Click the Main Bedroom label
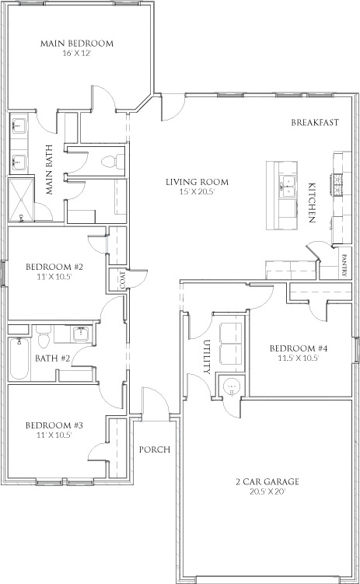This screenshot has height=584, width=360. click(77, 44)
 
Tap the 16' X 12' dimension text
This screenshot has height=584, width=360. click(77, 53)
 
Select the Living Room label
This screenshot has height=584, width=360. click(197, 182)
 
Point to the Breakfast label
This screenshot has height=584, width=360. click(315, 122)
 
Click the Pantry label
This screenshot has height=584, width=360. click(344, 265)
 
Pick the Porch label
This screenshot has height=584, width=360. click(155, 449)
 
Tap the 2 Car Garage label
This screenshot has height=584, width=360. click(267, 481)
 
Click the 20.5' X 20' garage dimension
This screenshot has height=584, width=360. click(267, 491)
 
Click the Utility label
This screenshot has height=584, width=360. click(208, 356)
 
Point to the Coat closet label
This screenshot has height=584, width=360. click(123, 280)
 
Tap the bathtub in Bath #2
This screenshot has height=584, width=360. click(19, 358)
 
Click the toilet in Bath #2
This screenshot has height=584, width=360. click(44, 337)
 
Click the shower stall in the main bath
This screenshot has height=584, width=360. click(21, 201)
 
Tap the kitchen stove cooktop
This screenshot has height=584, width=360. click(336, 185)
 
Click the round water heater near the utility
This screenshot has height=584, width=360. click(232, 386)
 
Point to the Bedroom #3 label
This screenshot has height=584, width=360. click(54, 425)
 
